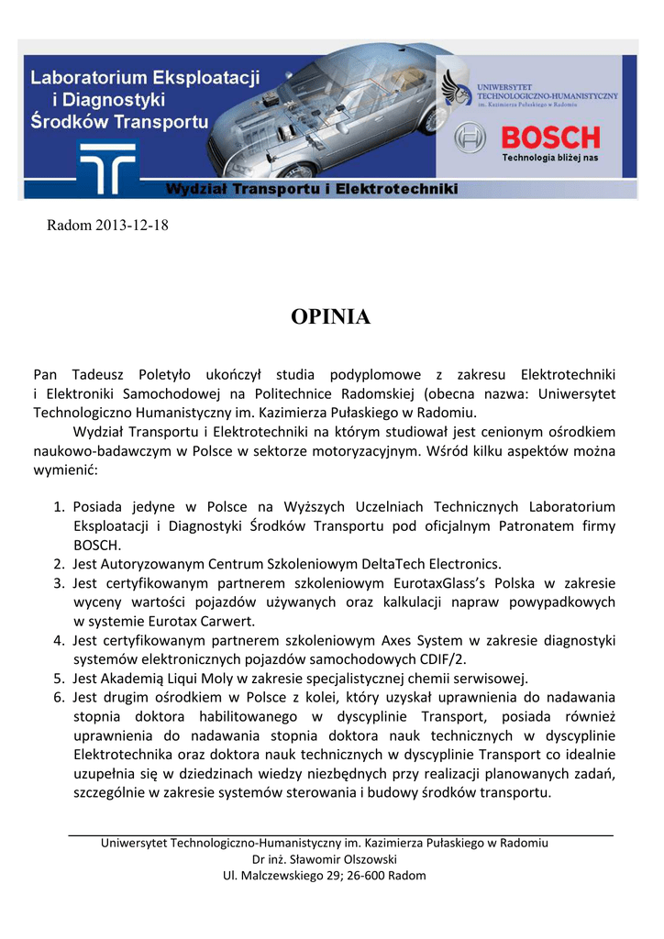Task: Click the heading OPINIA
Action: [330, 317]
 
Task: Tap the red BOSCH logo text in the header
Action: [549, 138]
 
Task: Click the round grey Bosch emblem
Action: [470, 139]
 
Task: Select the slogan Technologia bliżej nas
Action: [549, 158]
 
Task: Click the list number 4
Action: [58, 640]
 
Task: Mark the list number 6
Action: [58, 697]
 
